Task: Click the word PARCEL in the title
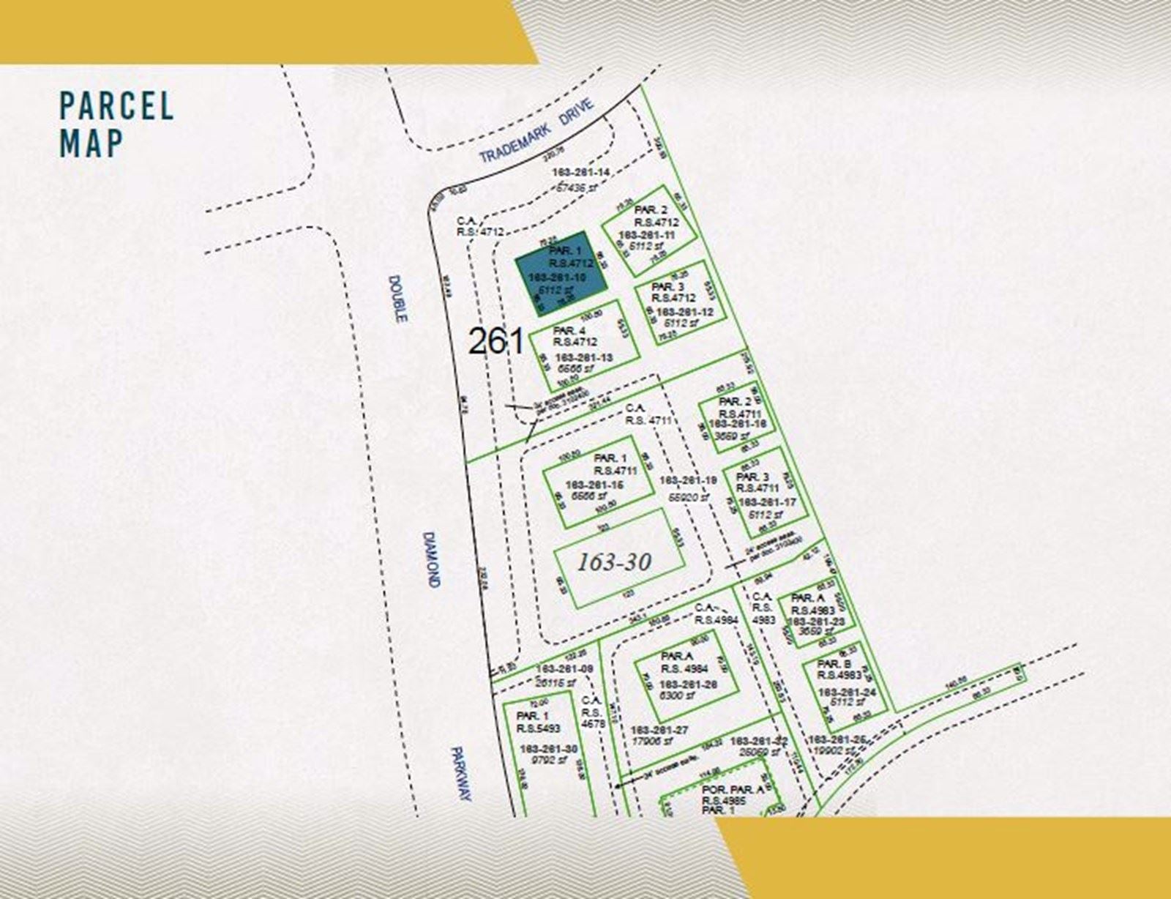pyautogui.click(x=116, y=105)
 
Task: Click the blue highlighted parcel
pyautogui.click(x=561, y=274)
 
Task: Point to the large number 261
pyautogui.click(x=496, y=341)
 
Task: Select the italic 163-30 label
pyautogui.click(x=614, y=562)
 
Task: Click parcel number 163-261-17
pyautogui.click(x=767, y=502)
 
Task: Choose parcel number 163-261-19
pyautogui.click(x=687, y=480)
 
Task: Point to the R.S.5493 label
pyautogui.click(x=538, y=728)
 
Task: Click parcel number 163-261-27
pyautogui.click(x=659, y=730)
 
